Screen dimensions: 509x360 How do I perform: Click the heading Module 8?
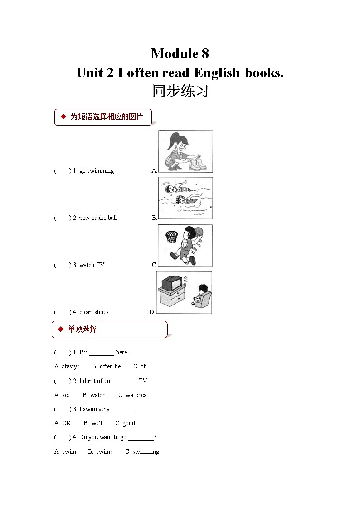pyautogui.click(x=180, y=53)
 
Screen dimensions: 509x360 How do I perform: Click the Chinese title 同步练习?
pyautogui.click(x=180, y=91)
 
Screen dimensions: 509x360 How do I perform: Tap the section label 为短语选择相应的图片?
pyautogui.click(x=106, y=117)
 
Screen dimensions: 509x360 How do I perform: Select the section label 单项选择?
pyautogui.click(x=82, y=330)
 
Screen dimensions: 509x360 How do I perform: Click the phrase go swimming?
pyautogui.click(x=97, y=171)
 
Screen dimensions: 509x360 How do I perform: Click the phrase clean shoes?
pyautogui.click(x=94, y=312)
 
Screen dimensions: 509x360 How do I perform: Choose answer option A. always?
pyautogui.click(x=67, y=367)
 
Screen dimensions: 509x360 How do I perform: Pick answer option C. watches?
pyautogui.click(x=132, y=395)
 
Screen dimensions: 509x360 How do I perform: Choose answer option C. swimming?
pyautogui.click(x=142, y=452)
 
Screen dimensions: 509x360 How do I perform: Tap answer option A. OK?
pyautogui.click(x=63, y=423)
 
